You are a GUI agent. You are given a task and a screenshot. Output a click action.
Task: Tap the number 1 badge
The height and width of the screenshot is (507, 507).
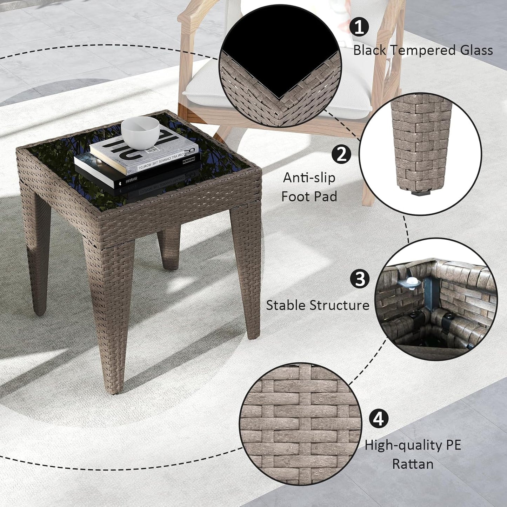click(x=359, y=27)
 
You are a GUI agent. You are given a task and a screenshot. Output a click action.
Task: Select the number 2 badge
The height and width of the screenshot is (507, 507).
click(x=341, y=154)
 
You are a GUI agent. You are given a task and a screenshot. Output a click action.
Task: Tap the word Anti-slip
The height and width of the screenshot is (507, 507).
click(x=309, y=178)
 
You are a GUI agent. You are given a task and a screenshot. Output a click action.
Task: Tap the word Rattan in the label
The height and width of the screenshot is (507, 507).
click(x=413, y=464)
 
